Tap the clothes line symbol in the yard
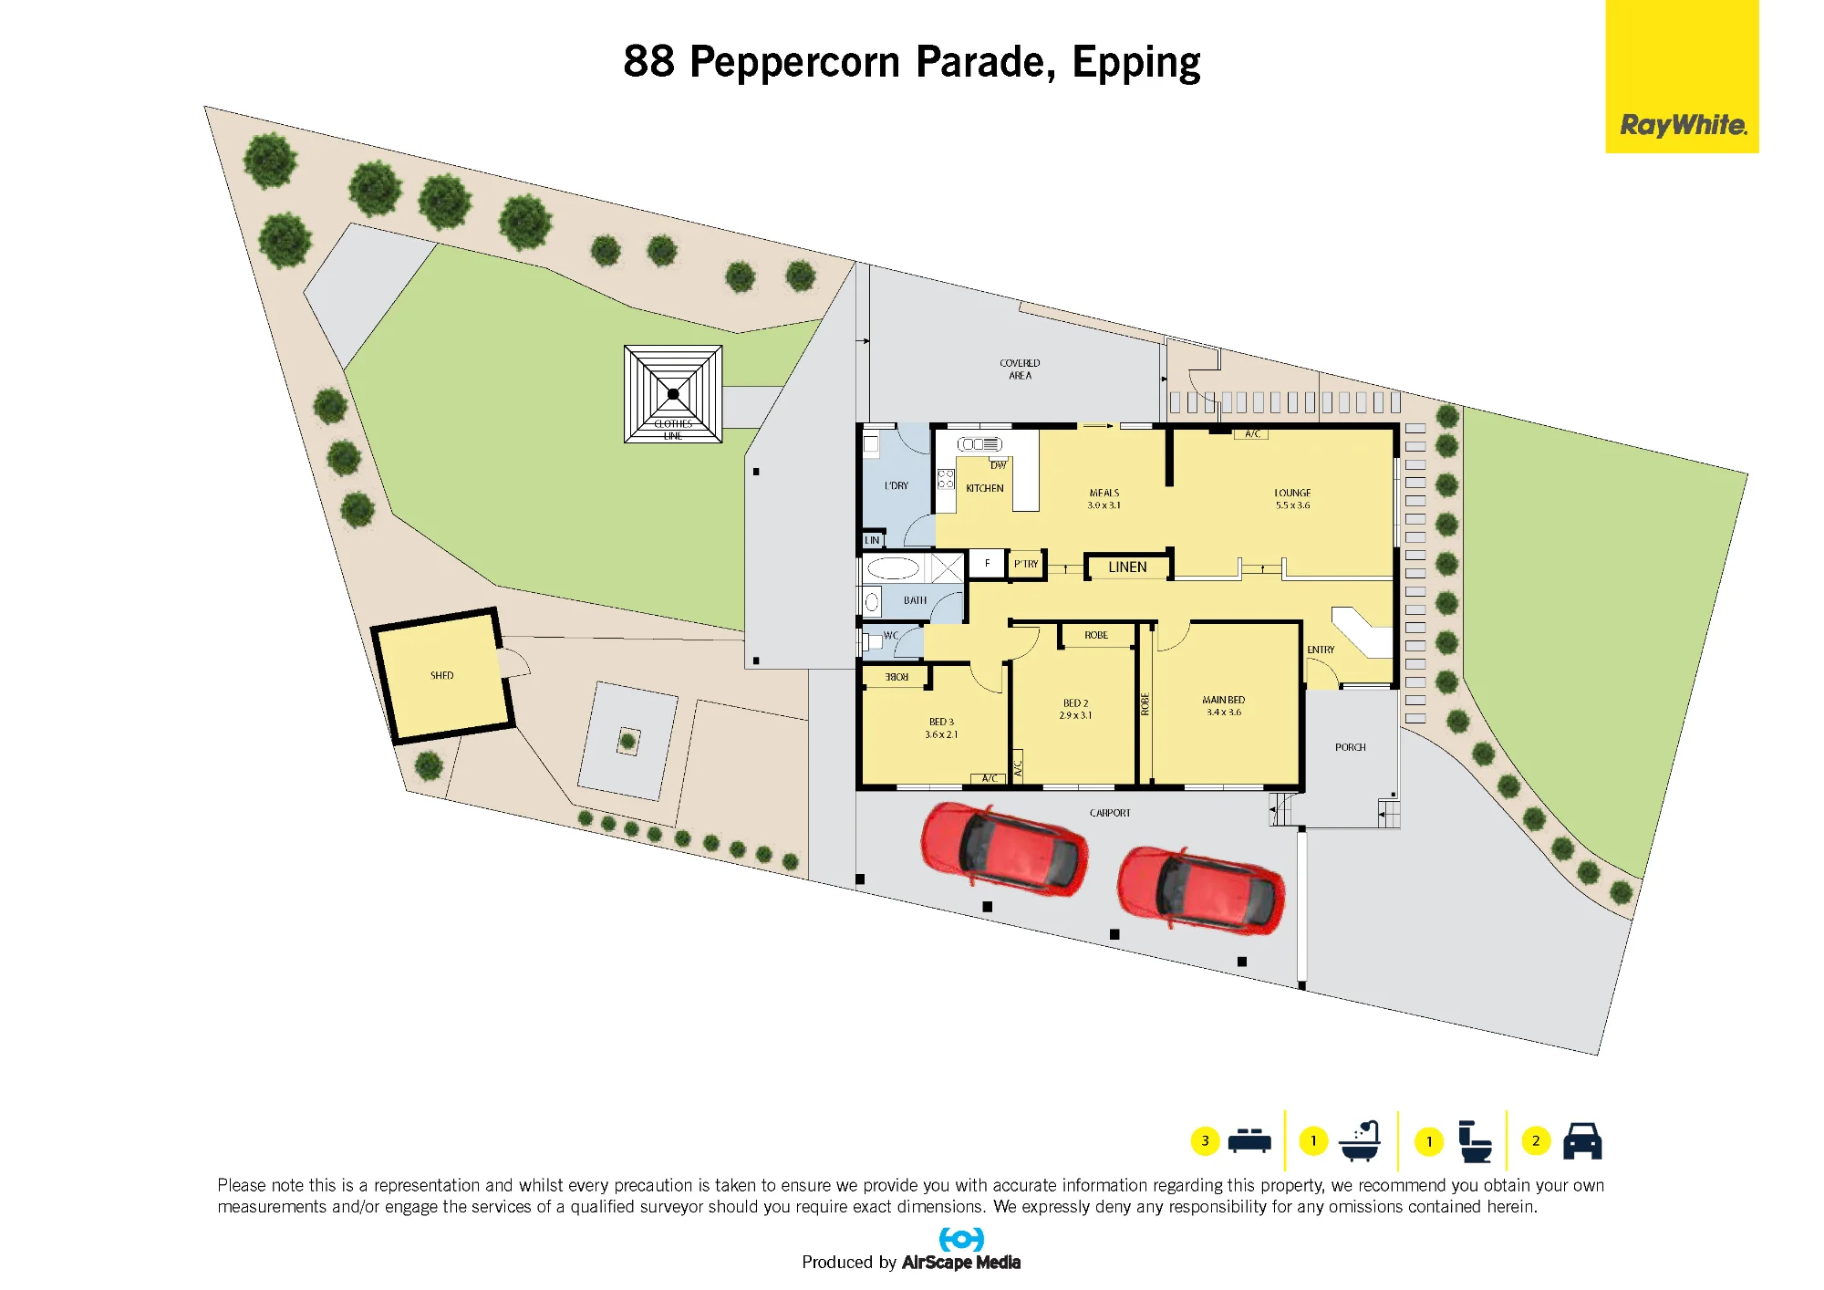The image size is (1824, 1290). click(x=673, y=394)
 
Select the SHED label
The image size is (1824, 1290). click(x=442, y=676)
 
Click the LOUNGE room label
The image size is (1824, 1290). click(x=1292, y=493)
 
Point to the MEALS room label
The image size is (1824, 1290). click(x=1104, y=493)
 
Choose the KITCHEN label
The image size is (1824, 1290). click(x=985, y=488)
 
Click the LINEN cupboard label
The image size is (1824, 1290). click(x=1127, y=567)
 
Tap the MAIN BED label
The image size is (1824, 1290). click(x=1224, y=700)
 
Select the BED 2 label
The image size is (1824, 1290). click(x=1076, y=703)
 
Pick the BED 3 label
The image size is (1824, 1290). click(x=942, y=722)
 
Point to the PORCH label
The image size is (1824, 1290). click(x=1351, y=747)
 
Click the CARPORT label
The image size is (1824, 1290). click(x=1110, y=813)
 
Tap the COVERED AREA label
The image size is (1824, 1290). click(x=1020, y=369)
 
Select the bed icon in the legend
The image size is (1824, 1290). click(x=1249, y=1141)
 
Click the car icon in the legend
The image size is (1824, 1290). click(x=1582, y=1140)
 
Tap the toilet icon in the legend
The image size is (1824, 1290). click(x=1474, y=1141)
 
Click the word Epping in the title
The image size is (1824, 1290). click(x=1136, y=63)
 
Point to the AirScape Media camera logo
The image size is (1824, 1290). click(x=961, y=1240)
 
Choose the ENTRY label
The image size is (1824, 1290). click(x=1321, y=650)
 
